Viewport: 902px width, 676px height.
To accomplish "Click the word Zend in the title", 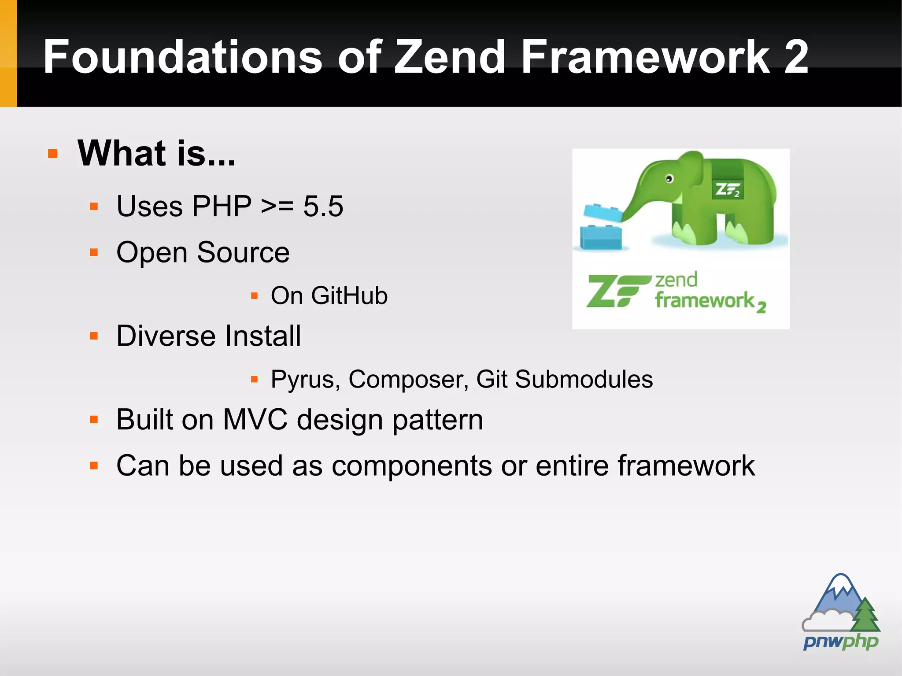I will coord(449,57).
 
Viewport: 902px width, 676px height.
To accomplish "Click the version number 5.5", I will coord(323,206).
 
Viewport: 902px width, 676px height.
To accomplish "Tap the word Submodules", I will coord(584,379).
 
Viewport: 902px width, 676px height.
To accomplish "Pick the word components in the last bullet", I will coord(411,465).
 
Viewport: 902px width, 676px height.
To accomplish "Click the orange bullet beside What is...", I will coord(53,154).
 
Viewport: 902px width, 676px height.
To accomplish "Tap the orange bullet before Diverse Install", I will coord(93,336).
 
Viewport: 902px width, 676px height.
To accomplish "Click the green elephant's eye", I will coord(669,179).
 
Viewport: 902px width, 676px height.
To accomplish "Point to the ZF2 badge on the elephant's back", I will coord(727,190).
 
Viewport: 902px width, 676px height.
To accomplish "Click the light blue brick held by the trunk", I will coord(603,213).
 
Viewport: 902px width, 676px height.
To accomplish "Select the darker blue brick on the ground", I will coord(601,237).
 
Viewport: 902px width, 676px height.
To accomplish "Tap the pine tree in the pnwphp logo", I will coord(865,615).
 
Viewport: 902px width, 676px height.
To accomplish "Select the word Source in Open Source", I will coord(243,253).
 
